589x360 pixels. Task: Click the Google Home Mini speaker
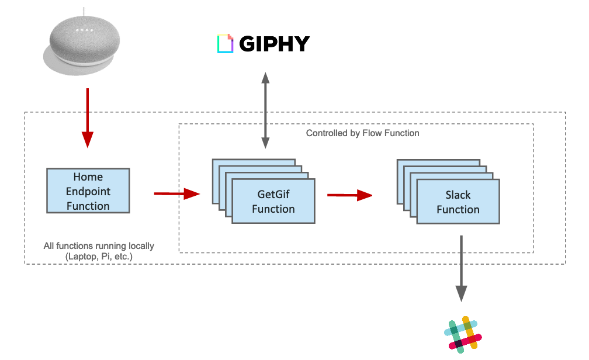[82, 43]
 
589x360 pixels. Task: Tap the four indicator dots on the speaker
[84, 30]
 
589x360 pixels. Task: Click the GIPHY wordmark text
[274, 44]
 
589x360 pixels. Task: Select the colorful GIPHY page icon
[225, 44]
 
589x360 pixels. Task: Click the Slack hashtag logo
[463, 334]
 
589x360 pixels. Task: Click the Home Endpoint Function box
[88, 191]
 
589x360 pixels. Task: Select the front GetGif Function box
[273, 202]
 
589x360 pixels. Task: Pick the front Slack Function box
[458, 202]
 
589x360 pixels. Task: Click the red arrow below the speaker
[88, 118]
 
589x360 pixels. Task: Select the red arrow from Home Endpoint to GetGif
[177, 194]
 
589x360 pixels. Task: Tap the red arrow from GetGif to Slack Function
[349, 195]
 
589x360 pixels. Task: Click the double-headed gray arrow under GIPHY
[265, 110]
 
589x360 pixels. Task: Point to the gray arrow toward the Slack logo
[461, 269]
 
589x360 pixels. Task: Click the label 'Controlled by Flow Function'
[362, 133]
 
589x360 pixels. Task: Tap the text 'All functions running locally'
[99, 246]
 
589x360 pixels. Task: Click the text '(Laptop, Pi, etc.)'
[99, 257]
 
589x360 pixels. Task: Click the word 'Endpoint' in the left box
[88, 192]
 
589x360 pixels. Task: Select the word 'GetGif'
[273, 194]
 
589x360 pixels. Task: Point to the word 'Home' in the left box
[88, 176]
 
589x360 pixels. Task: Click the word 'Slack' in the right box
[458, 195]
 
